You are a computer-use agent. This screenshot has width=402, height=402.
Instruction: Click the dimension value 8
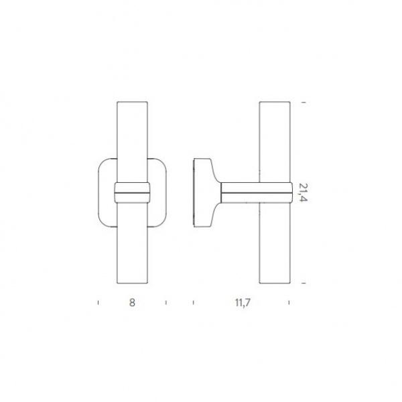pyautogui.click(x=132, y=303)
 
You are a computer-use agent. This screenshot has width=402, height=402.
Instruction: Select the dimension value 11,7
pyautogui.click(x=243, y=303)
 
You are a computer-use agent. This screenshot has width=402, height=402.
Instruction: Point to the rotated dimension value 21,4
pyautogui.click(x=303, y=192)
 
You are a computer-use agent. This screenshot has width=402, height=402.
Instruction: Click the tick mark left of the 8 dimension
pyautogui.click(x=98, y=303)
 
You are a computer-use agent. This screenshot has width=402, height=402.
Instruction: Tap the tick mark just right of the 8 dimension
pyautogui.click(x=166, y=303)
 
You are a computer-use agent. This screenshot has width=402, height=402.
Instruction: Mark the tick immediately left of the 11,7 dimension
pyautogui.click(x=194, y=303)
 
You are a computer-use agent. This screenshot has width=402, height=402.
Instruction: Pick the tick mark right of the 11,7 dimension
pyautogui.click(x=289, y=303)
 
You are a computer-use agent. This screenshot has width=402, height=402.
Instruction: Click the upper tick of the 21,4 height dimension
pyautogui.click(x=304, y=103)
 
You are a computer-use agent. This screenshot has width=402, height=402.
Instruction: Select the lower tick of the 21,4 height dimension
pyautogui.click(x=304, y=283)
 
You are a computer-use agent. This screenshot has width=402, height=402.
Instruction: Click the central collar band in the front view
pyautogui.click(x=132, y=192)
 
